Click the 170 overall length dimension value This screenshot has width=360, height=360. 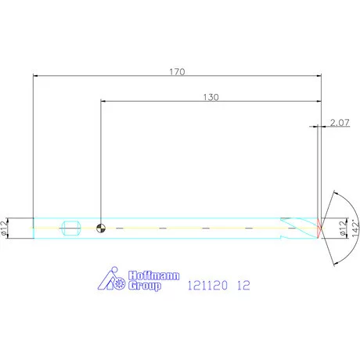coord(177,72)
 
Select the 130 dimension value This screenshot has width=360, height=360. coord(211,97)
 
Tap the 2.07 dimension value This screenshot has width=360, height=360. coord(340,123)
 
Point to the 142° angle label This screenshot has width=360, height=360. coord(355,229)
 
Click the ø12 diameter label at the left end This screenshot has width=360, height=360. coord(5,229)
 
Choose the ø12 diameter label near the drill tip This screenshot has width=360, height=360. coord(344,229)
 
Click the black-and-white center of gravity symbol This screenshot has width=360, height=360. coord(101,229)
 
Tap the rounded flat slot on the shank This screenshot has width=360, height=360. coord(71,228)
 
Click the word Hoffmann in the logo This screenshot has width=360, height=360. coord(154,275)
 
